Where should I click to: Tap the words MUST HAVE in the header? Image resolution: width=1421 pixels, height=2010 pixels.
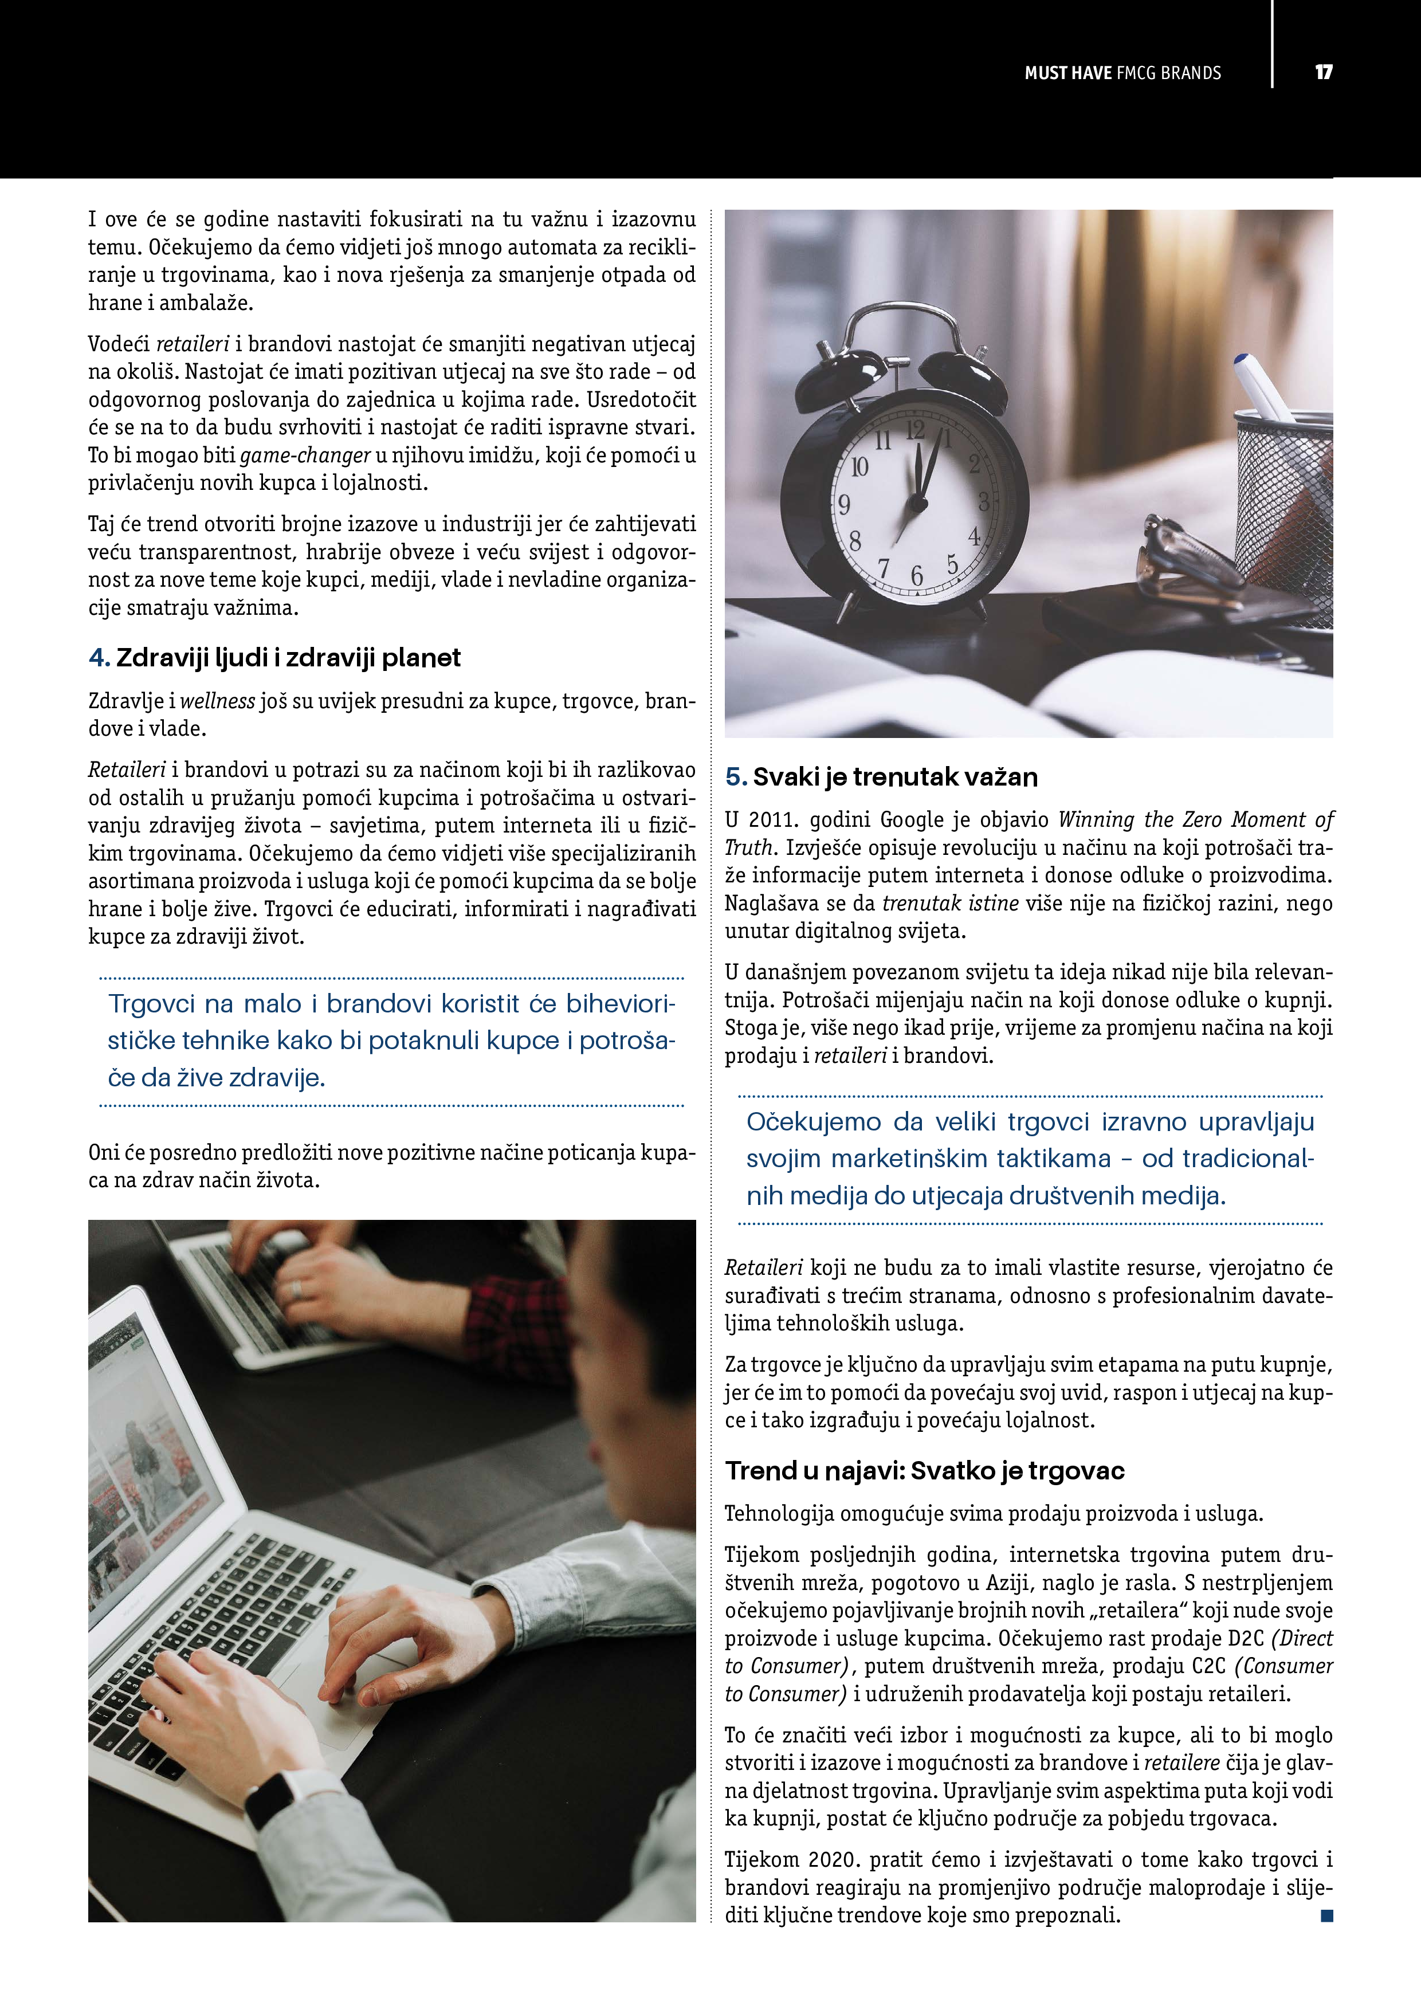(x=1067, y=73)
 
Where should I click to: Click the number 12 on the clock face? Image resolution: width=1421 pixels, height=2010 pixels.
(x=915, y=430)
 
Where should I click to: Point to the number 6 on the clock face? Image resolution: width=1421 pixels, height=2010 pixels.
(x=917, y=575)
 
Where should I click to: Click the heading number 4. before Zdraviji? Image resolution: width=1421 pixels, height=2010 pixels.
(x=99, y=658)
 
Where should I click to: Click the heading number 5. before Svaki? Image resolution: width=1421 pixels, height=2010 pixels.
(x=736, y=778)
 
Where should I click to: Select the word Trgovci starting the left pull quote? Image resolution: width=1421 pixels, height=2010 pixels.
(x=151, y=1003)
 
